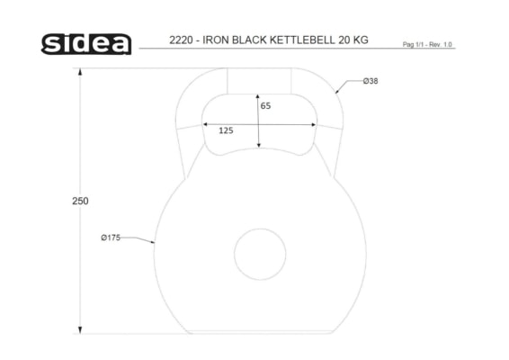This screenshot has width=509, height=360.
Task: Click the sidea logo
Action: [x=86, y=44]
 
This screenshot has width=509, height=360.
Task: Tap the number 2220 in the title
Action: [x=181, y=40]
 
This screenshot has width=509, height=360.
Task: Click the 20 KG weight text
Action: [x=353, y=40]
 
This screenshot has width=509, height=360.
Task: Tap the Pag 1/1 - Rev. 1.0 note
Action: [x=427, y=44]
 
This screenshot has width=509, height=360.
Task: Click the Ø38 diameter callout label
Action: [x=371, y=81]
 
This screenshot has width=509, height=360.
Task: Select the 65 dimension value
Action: [x=265, y=106]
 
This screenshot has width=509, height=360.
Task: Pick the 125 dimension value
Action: [x=226, y=130]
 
